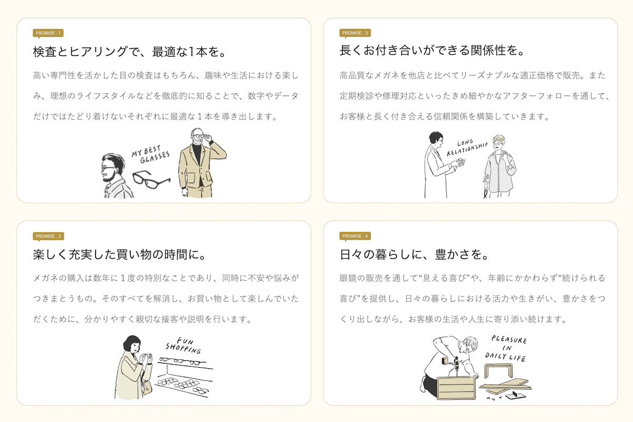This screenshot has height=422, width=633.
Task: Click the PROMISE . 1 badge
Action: pos(48,33)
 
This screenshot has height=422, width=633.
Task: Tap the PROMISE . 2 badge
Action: pos(49,236)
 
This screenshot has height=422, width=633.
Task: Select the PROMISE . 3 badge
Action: pos(355,33)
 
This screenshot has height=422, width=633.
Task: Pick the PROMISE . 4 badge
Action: pos(355,236)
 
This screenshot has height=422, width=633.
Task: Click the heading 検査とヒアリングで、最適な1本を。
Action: pos(130,52)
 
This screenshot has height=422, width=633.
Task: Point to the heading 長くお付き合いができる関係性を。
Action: pos(432,51)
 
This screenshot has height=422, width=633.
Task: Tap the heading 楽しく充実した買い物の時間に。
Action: pos(120,254)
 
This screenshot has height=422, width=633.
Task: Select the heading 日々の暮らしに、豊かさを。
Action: pos(414,254)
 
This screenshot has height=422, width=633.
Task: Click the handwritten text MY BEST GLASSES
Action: pos(151,155)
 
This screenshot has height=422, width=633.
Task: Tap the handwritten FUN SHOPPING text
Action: pos(184,346)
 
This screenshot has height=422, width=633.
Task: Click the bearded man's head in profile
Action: pos(113,168)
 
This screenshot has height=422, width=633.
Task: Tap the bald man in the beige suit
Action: pos(202,163)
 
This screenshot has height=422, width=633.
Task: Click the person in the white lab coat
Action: pos(442,165)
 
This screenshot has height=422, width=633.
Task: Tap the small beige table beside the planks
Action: pos(498,370)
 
